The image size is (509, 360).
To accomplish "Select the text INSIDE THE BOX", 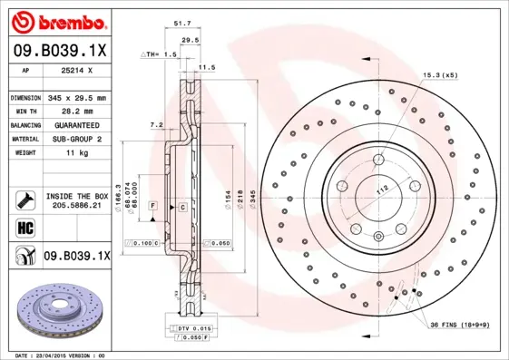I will pos(77,196).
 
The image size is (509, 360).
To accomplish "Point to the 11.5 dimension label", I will pos(207,67).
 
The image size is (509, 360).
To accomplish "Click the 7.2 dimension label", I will pos(155,124).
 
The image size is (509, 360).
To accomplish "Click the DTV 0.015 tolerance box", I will pos(191,327).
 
